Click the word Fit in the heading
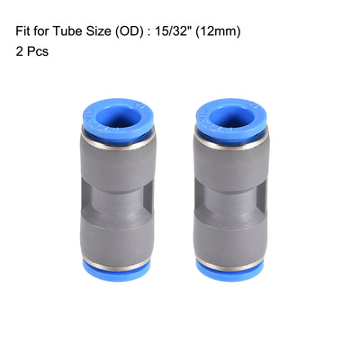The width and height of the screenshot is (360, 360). [24, 31]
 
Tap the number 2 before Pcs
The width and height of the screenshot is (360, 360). [19, 52]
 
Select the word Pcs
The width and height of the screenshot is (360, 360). [40, 52]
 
